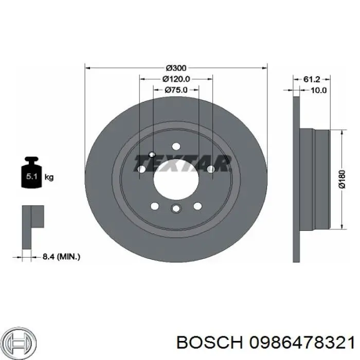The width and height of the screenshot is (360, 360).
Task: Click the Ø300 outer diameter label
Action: [176, 67]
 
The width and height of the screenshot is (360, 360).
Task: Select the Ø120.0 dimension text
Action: [176, 79]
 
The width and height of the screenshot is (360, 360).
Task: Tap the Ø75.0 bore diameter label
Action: [176, 89]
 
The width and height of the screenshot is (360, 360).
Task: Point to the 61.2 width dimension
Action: [312, 79]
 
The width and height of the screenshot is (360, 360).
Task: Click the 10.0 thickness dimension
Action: [318, 90]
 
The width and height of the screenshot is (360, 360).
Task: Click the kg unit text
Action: [49, 177]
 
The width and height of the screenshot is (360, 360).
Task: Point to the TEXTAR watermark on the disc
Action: [184, 164]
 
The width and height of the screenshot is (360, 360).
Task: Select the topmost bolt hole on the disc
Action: [175, 146]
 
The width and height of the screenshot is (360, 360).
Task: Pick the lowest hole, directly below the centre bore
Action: [175, 208]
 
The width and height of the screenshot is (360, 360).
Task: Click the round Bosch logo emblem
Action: [20, 341]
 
